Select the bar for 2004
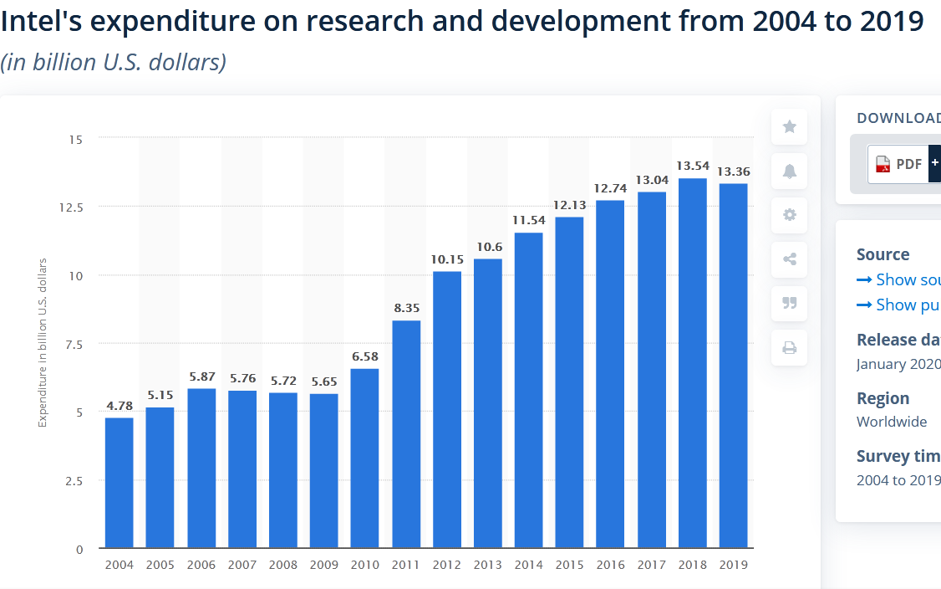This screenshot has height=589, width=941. tap(119, 483)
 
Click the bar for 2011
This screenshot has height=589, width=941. tap(406, 434)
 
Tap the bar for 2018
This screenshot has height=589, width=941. tap(693, 363)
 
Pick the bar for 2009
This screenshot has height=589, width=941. tap(324, 471)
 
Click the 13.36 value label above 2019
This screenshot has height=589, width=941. tap(734, 172)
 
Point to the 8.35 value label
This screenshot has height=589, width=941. tap(406, 308)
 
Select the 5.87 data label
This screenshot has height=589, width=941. tap(201, 376)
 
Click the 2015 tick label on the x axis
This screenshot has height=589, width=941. tap(570, 566)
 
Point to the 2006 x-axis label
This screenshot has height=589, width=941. tap(201, 566)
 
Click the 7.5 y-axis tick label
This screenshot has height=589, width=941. tap(74, 344)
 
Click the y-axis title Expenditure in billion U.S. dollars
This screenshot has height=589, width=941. tap(43, 343)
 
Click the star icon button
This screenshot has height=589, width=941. tap(789, 126)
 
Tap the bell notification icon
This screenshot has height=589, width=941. tap(789, 171)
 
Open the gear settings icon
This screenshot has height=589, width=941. tap(789, 215)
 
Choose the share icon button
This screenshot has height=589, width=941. tap(789, 259)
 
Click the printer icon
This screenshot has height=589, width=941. tap(789, 348)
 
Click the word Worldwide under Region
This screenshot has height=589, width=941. tap(892, 422)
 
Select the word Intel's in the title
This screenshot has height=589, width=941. tap(40, 22)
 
